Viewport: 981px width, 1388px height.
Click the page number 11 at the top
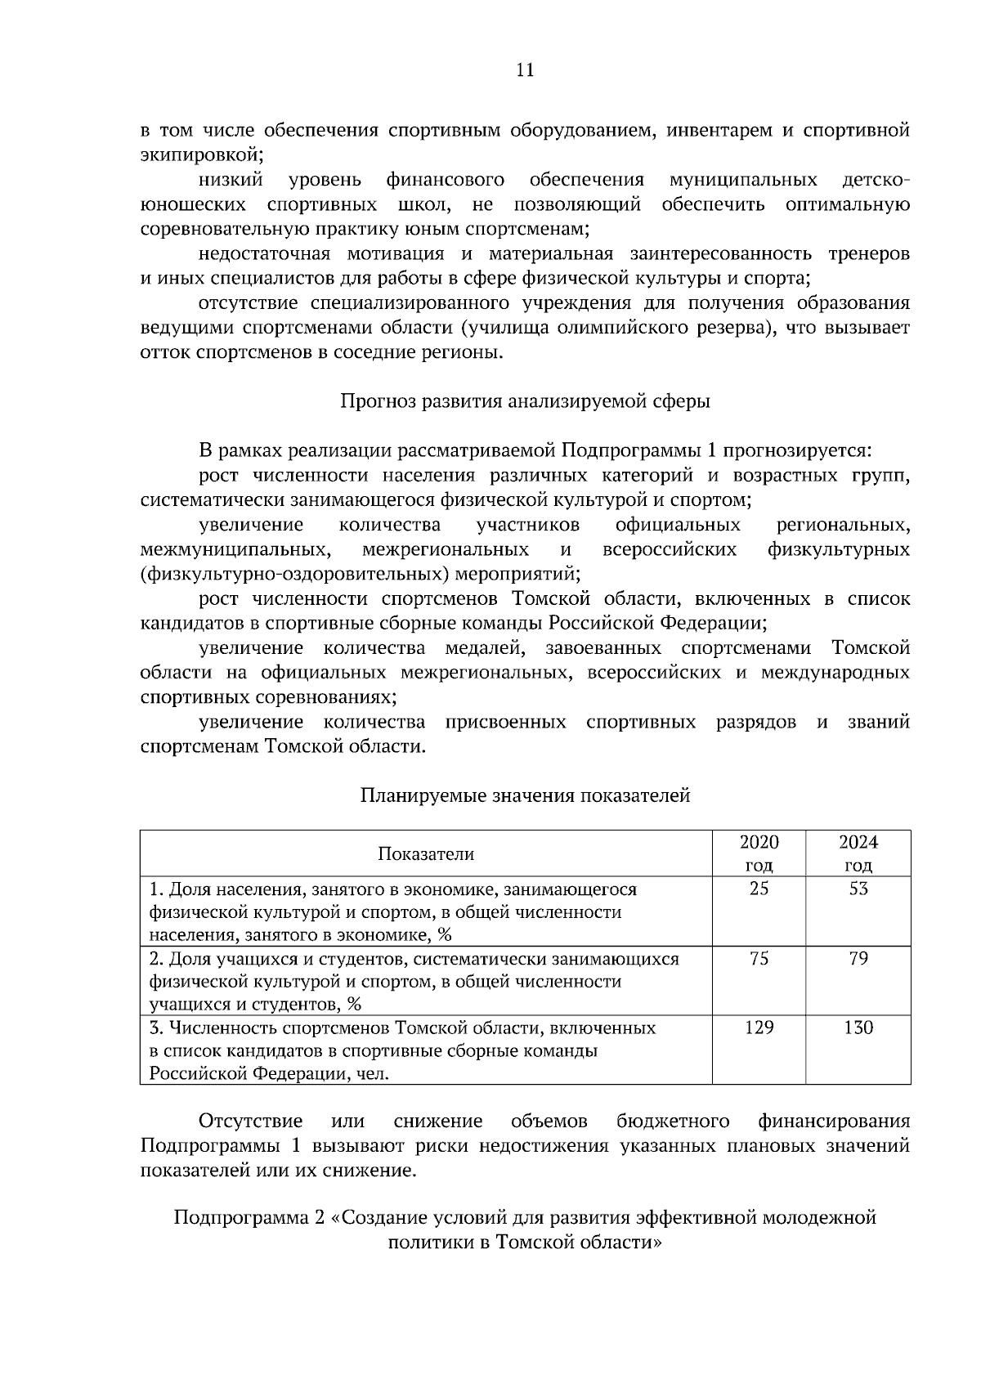coord(526,70)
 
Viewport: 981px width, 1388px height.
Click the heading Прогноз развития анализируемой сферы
coord(525,401)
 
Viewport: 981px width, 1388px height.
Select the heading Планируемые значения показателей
coord(525,795)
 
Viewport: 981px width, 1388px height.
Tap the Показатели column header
coord(425,854)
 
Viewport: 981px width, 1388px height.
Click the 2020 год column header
coord(759,854)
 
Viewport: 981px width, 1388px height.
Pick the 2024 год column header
coord(858,854)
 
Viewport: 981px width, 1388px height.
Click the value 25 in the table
coord(759,889)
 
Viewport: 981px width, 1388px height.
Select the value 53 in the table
coord(858,889)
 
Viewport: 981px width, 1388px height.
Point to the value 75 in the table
coord(759,959)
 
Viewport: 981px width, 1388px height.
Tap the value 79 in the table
coord(858,959)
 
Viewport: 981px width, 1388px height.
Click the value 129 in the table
coord(759,1028)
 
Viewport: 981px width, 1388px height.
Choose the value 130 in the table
coord(858,1028)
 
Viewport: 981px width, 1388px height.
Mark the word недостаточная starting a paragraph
coord(263,253)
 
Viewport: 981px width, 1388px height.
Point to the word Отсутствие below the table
coord(250,1121)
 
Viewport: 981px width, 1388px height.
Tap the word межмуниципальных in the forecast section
coord(234,549)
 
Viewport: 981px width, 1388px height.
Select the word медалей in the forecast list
coord(483,648)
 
